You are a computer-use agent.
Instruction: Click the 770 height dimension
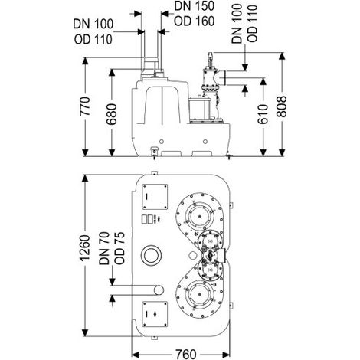pos(85,106)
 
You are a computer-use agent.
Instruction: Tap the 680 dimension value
pos(112,114)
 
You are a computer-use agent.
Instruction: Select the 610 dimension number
pos(263,114)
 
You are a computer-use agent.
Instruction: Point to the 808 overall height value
pos(282,106)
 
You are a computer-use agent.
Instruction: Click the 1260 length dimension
pos(85,248)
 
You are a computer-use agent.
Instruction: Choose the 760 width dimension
pos(186,355)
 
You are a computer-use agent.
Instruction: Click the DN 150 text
pos(194,7)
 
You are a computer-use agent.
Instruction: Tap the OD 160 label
pos(194,21)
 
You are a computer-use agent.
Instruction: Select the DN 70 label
pos(104,248)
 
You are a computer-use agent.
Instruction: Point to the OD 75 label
pos(119,248)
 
